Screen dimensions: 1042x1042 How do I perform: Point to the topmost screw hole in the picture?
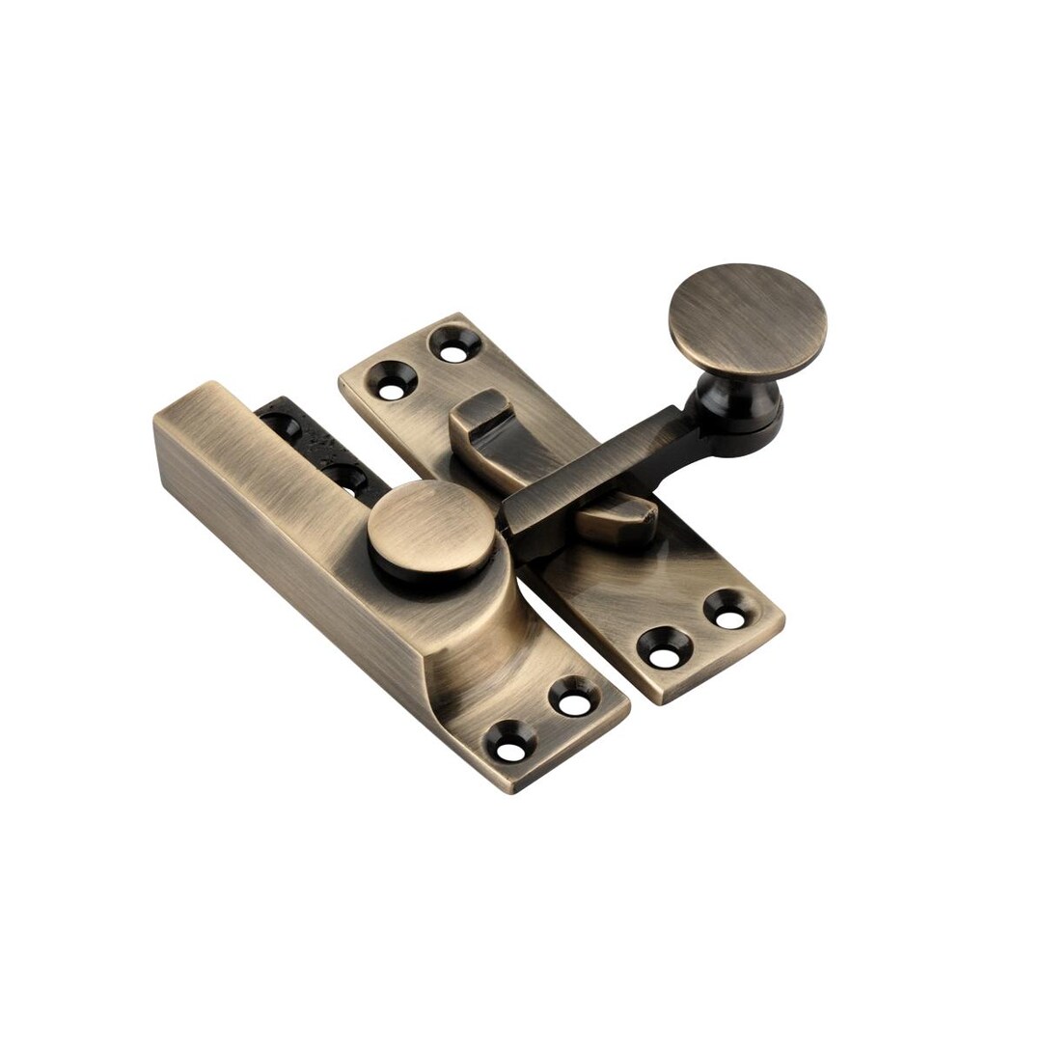click(452, 345)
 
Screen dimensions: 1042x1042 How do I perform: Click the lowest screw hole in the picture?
click(514, 740)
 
